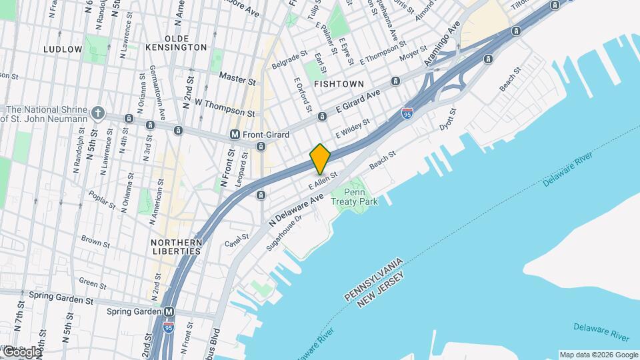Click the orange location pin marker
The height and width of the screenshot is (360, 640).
[x=321, y=159]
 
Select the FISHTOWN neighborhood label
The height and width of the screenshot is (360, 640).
[x=339, y=84]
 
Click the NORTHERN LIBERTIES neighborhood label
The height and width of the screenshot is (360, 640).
[x=176, y=247]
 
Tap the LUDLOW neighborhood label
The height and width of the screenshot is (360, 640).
[x=63, y=49]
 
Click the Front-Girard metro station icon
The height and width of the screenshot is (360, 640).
[x=235, y=135]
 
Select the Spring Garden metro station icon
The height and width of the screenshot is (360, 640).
[x=169, y=311]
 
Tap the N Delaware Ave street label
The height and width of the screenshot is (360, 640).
[x=295, y=210]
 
